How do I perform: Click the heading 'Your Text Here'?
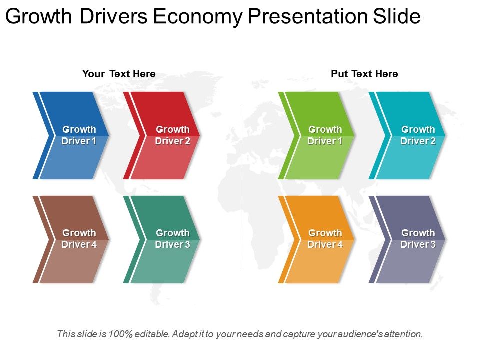(119, 74)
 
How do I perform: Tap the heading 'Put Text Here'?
(364, 74)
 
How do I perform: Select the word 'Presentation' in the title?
(308, 17)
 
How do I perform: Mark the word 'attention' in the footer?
(404, 334)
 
